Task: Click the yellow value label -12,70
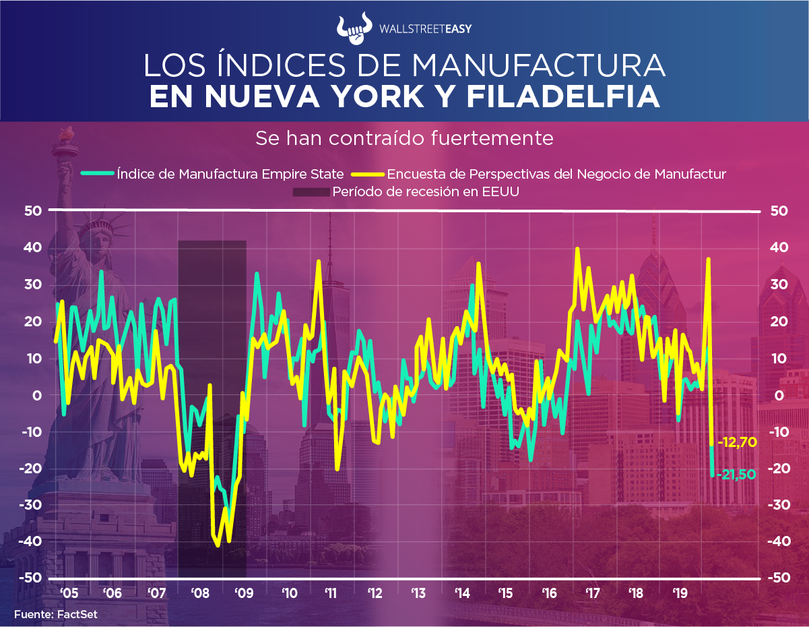tap(738, 443)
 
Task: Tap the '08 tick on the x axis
tap(200, 594)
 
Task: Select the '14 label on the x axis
tap(462, 594)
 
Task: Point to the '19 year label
tap(680, 594)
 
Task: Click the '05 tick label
tap(68, 594)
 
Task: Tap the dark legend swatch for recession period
tap(311, 192)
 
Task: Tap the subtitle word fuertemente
tap(498, 138)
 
